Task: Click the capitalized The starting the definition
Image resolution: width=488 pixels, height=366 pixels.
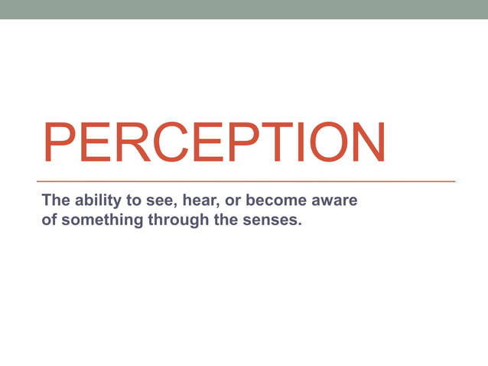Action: (x=54, y=201)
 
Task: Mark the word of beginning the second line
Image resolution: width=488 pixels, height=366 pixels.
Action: (x=49, y=222)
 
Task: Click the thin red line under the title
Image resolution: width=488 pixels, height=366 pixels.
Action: (x=248, y=181)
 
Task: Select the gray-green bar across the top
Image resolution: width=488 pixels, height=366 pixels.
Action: (x=244, y=9)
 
